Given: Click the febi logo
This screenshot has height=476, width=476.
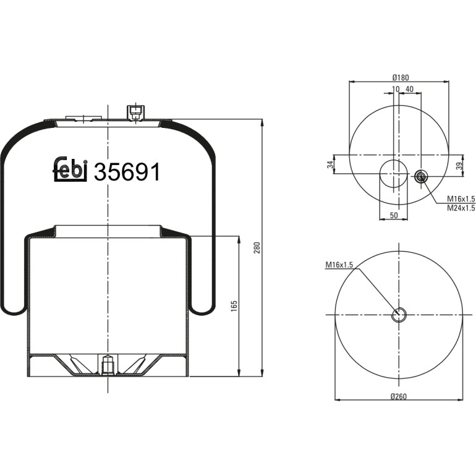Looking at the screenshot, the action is pyautogui.click(x=70, y=169).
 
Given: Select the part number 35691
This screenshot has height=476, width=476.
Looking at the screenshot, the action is pyautogui.click(x=127, y=172).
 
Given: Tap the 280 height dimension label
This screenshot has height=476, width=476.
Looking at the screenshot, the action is pyautogui.click(x=257, y=248).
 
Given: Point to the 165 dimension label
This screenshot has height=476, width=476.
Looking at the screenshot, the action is pyautogui.click(x=234, y=306).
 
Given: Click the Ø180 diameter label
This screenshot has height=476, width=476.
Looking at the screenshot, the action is pyautogui.click(x=401, y=78).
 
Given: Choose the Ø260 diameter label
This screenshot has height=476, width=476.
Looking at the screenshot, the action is pyautogui.click(x=399, y=396).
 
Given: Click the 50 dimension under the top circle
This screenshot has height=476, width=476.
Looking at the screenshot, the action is pyautogui.click(x=393, y=215).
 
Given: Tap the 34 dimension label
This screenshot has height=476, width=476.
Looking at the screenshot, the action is pyautogui.click(x=330, y=164).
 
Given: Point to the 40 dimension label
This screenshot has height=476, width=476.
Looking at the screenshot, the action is pyautogui.click(x=409, y=89).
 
